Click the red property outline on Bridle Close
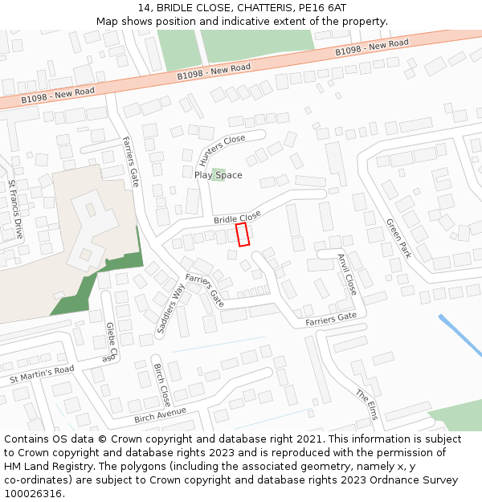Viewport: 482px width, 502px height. [243, 235]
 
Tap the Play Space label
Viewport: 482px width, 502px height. [218, 175]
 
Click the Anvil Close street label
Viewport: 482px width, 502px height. [346, 274]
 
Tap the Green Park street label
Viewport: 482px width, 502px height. [398, 238]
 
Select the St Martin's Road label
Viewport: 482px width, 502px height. [42, 374]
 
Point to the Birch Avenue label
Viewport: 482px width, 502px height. [160, 414]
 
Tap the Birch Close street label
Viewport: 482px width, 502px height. [161, 385]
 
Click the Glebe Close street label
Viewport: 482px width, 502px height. [112, 342]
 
